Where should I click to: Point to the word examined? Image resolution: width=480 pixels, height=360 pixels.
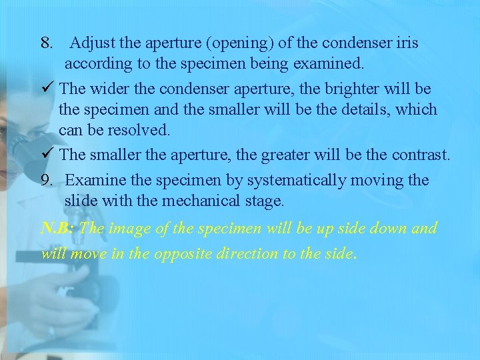[x=330, y=65]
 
